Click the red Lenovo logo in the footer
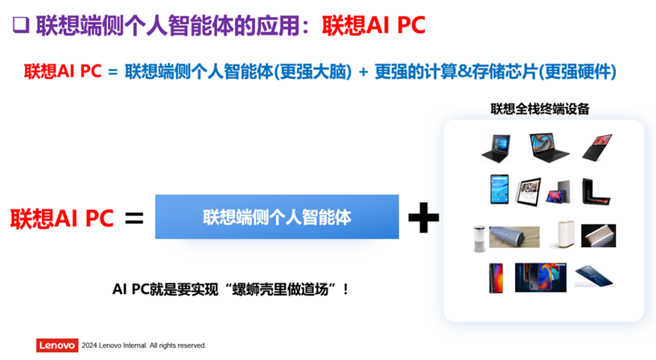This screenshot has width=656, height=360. pos(57,346)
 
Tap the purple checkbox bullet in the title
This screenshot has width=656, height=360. pos(21,25)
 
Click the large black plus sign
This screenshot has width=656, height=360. pos(423,217)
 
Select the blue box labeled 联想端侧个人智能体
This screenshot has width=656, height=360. pos(277,217)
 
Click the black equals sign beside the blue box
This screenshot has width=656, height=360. pos(134,218)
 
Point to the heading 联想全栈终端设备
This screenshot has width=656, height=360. pos(540,109)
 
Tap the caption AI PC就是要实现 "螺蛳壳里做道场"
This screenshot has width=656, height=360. pos(230,289)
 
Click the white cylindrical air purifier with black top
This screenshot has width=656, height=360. pos(480,238)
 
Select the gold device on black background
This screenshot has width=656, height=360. pos(598,236)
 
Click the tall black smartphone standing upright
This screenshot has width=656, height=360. pos(496,278)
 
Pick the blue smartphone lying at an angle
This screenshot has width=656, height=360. pos(594,276)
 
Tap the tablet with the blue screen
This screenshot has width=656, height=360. pos(500,189)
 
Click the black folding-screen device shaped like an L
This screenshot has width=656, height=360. pos(595,192)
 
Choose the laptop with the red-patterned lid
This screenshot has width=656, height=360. pos(597,147)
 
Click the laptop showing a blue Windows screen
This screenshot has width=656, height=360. pos(496,148)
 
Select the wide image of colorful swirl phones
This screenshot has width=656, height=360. pos(541,278)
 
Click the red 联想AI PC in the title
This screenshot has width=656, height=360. pos(373,25)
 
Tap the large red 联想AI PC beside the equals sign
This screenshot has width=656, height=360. pos(62,218)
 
